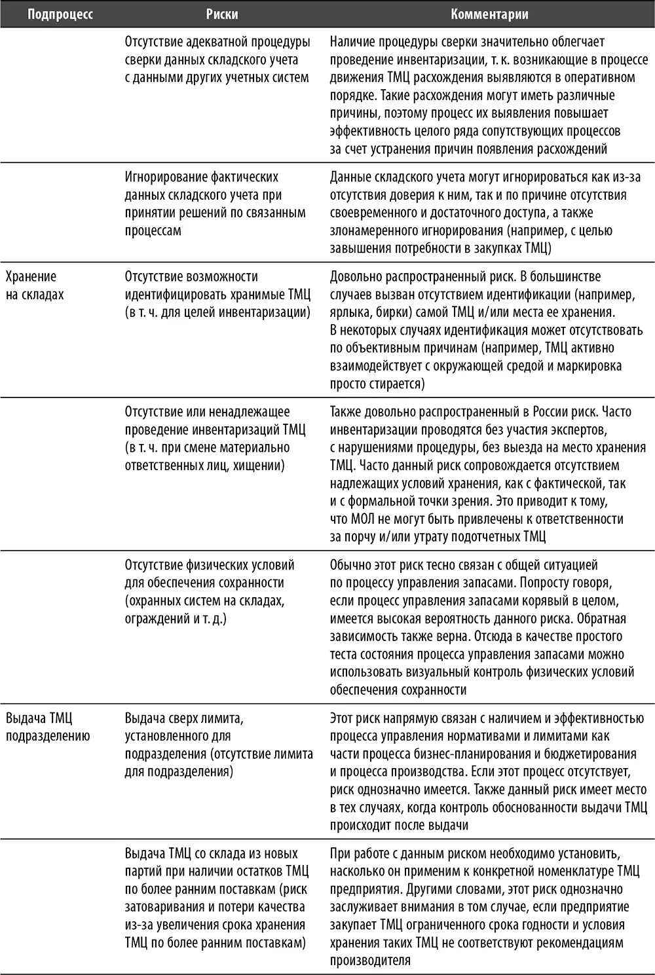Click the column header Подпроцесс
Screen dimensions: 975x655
[60, 14]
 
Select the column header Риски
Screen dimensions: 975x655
[222, 14]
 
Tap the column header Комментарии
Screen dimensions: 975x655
[489, 14]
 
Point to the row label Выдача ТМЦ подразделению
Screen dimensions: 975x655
[48, 727]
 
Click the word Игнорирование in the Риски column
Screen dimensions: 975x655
[168, 177]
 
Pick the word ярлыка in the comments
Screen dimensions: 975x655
[350, 312]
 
